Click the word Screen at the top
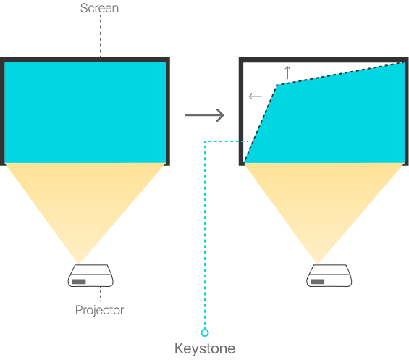point(99,8)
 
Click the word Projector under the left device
point(99,311)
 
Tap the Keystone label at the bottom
point(205,349)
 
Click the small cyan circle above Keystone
point(205,332)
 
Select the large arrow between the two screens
point(204,115)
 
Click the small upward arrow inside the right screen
point(287,72)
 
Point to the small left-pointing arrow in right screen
point(256,96)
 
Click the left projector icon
point(90,275)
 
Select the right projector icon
point(329,275)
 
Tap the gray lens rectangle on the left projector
point(79,282)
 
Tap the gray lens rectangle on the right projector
point(318,282)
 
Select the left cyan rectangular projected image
point(85,112)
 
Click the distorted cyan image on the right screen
point(334,122)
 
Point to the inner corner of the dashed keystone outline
point(277,85)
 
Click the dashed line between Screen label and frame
point(100,36)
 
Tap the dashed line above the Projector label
point(100,294)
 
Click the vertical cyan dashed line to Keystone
point(205,235)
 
